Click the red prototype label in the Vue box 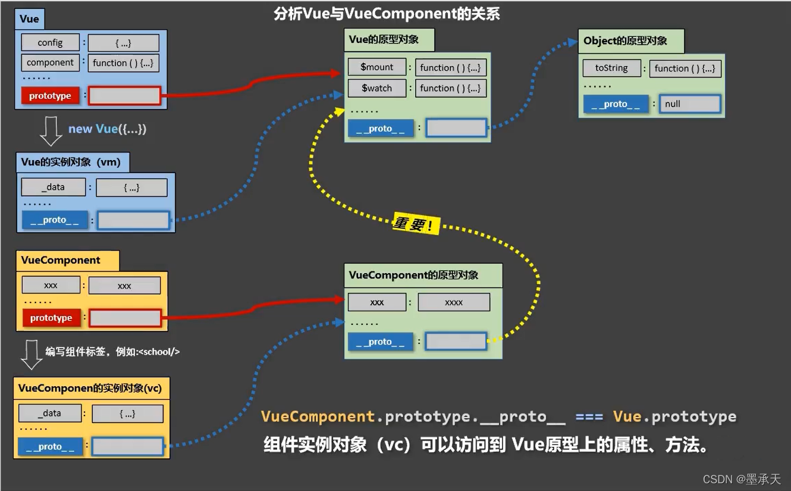50,96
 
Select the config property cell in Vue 50,43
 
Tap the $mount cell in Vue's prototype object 377,67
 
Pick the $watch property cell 377,88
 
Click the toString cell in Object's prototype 611,68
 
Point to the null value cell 690,104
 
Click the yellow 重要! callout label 416,224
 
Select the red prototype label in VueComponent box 51,318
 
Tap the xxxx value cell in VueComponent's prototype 454,302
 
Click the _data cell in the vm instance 54,187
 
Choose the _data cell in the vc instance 50,413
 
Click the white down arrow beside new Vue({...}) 51,131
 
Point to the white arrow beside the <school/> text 32,355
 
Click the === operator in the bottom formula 589,417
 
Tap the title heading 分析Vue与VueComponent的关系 387,14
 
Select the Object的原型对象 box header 630,41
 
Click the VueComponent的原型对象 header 423,276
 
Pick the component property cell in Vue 50,62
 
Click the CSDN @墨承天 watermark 741,479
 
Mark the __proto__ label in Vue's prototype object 381,129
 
